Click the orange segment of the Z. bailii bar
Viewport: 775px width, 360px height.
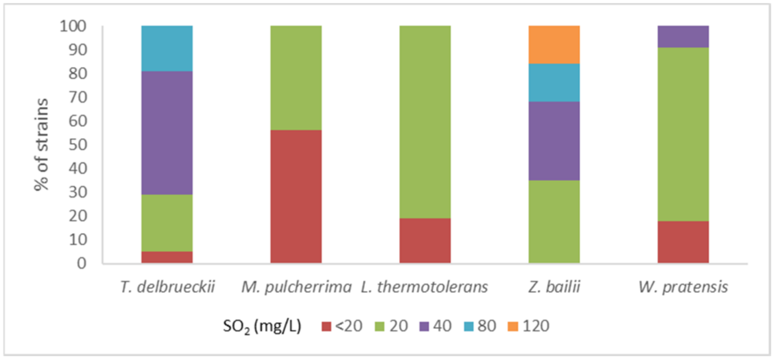tap(554, 45)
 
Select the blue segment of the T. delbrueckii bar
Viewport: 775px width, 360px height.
tap(167, 48)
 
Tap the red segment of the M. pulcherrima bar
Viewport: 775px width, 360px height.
tap(296, 196)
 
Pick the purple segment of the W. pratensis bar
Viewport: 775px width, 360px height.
tap(683, 36)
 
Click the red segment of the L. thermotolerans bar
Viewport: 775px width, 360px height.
tap(425, 240)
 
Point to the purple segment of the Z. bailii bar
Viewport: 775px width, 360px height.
tap(554, 141)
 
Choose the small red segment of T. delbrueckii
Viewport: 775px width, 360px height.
tap(167, 257)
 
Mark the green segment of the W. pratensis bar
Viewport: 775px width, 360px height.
tap(683, 134)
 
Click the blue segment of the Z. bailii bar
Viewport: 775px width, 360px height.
tap(554, 83)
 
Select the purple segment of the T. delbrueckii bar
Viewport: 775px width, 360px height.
tap(167, 133)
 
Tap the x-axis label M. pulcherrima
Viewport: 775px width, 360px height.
tap(296, 287)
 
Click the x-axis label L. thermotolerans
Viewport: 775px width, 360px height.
tap(424, 287)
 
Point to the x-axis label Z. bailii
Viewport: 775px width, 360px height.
tap(554, 287)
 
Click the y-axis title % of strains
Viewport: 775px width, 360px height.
tap(41, 144)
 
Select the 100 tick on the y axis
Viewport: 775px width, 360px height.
tap(73, 26)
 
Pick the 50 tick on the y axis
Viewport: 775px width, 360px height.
tap(77, 144)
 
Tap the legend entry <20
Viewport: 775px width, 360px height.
tap(342, 326)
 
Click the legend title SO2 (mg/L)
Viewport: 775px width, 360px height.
tap(262, 326)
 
